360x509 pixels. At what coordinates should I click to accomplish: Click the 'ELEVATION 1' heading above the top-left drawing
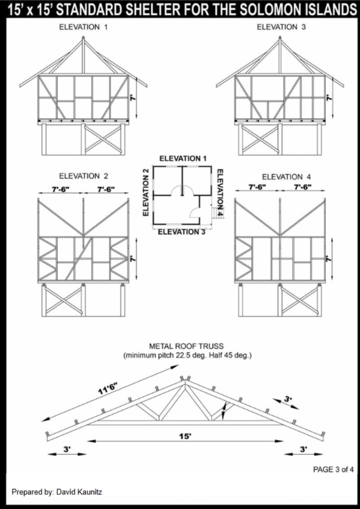tap(83, 27)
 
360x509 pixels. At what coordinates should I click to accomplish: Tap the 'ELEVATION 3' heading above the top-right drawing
tap(281, 27)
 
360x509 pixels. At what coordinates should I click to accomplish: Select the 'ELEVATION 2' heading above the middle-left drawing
tap(84, 176)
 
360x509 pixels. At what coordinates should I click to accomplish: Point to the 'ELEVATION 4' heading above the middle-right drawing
tap(286, 177)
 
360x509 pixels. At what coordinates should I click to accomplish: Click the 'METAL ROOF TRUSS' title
tap(186, 346)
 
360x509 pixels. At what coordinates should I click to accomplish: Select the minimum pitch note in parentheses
tap(187, 356)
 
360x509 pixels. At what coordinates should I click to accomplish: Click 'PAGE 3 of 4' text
tap(333, 469)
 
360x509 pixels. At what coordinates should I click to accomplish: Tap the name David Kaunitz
tap(79, 492)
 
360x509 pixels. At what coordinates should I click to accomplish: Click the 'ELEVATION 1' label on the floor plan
tap(183, 159)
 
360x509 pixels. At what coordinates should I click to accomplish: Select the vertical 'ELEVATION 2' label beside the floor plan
tap(146, 192)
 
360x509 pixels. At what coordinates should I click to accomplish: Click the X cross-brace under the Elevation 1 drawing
tap(103, 139)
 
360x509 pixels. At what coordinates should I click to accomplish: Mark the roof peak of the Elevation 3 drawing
tap(279, 38)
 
